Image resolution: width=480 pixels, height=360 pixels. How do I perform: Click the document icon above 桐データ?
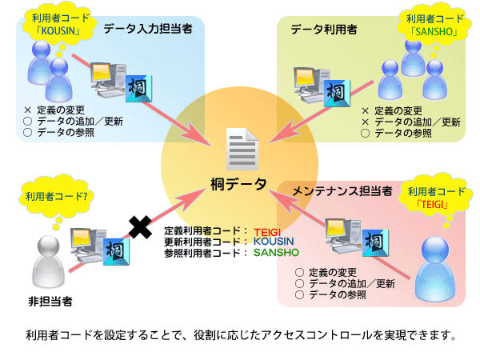(242, 149)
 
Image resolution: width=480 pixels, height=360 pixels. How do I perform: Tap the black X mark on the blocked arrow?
(141, 228)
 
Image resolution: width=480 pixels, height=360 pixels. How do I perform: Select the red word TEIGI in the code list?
(262, 229)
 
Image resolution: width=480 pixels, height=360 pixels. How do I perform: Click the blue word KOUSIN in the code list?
(274, 240)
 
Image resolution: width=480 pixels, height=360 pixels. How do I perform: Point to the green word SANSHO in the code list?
(276, 251)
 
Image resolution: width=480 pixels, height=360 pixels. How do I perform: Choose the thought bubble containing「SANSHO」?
(430, 25)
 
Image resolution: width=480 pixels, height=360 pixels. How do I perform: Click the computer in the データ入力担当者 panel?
(104, 78)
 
